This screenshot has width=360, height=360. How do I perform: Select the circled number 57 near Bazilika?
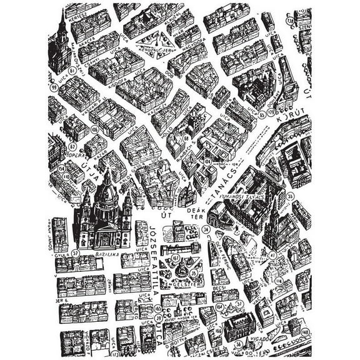76,254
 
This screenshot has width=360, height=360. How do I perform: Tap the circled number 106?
95,130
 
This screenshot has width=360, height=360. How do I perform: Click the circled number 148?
305,332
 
